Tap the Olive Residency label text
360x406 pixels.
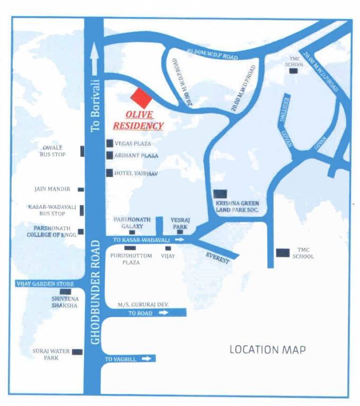pos(137,120)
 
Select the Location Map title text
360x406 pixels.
pos(267,349)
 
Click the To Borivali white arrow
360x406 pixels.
pos(95,59)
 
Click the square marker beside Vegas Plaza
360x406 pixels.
pos(109,143)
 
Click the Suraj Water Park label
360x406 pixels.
pos(50,354)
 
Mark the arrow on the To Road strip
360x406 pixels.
pos(163,313)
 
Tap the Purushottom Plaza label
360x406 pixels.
pos(131,259)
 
